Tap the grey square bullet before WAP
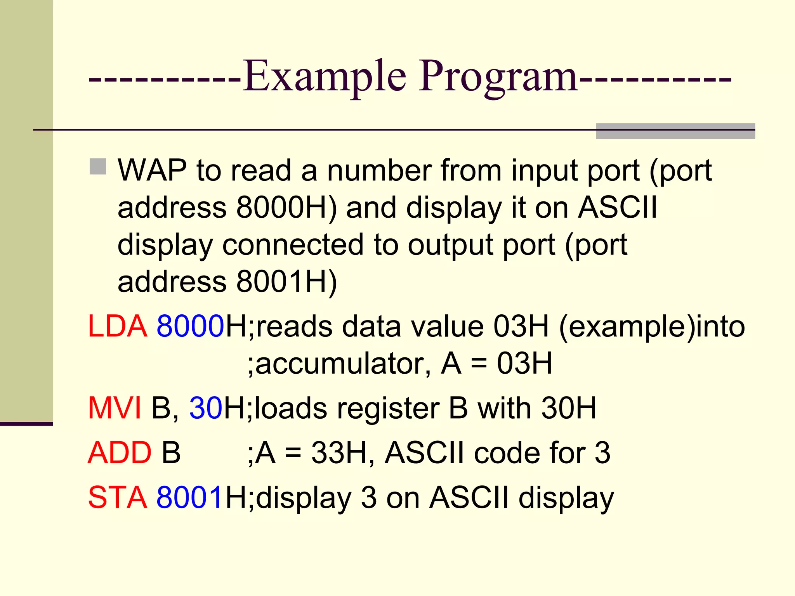pyautogui.click(x=98, y=166)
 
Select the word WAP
pyautogui.click(x=152, y=170)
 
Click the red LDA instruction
pyautogui.click(x=117, y=326)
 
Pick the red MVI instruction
pyautogui.click(x=115, y=408)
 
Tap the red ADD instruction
pyautogui.click(x=119, y=453)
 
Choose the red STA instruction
pyautogui.click(x=117, y=497)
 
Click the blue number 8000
pyautogui.click(x=190, y=326)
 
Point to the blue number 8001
pyautogui.click(x=190, y=497)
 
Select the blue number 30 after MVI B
pyautogui.click(x=206, y=408)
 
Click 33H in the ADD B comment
pyautogui.click(x=338, y=453)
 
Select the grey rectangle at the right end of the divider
pyautogui.click(x=675, y=131)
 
